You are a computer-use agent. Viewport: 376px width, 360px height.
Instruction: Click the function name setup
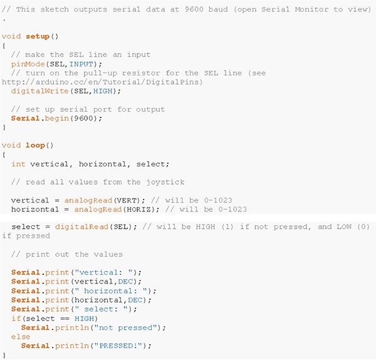tap(38, 36)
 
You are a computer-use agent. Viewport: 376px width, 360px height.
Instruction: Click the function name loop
tap(35, 146)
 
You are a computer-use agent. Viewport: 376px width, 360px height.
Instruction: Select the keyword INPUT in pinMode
tap(81, 64)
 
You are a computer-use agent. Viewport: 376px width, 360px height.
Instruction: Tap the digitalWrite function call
tap(40, 91)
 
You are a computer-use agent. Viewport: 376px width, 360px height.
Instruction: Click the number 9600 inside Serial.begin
tap(83, 119)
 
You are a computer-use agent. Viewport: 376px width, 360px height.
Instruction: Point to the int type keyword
tap(18, 164)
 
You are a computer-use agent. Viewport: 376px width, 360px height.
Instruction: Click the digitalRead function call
tap(81, 227)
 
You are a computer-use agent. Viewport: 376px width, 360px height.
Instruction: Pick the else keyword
tap(21, 337)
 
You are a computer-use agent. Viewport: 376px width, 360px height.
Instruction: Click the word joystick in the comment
tap(165, 183)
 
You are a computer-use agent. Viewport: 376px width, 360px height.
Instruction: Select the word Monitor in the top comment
tap(311, 9)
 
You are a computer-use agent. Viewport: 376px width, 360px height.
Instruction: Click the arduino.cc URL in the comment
tap(102, 82)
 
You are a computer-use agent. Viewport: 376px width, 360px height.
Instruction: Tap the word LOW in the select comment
tap(344, 227)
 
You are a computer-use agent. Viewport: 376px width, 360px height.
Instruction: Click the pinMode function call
tap(28, 65)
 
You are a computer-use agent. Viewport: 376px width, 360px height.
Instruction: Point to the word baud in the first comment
tap(218, 9)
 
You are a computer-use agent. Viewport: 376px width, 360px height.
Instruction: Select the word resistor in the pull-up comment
tap(141, 73)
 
